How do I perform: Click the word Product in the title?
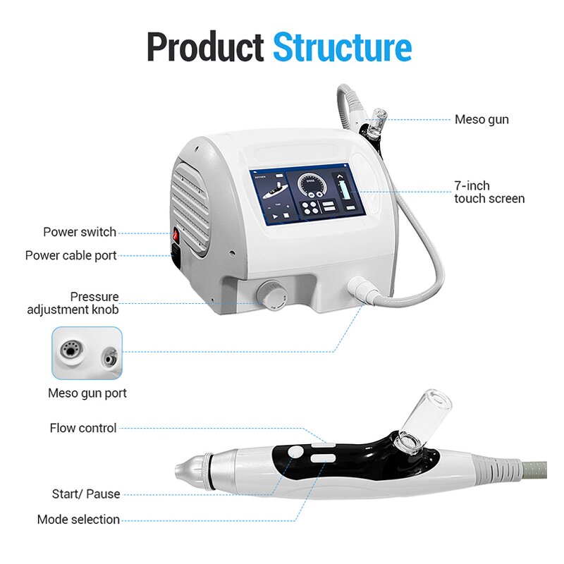coord(204,47)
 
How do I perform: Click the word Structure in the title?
coord(342,47)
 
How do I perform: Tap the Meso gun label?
coord(481,120)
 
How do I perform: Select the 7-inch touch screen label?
coord(489,192)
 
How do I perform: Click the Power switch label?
coord(80,232)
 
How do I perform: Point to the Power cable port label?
coord(71,255)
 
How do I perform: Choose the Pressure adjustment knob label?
coord(73,302)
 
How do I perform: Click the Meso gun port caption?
coord(87,393)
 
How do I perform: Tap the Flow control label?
coord(83,428)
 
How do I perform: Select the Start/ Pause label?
coord(86,494)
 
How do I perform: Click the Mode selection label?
coord(78,520)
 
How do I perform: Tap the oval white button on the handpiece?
coord(321,458)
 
